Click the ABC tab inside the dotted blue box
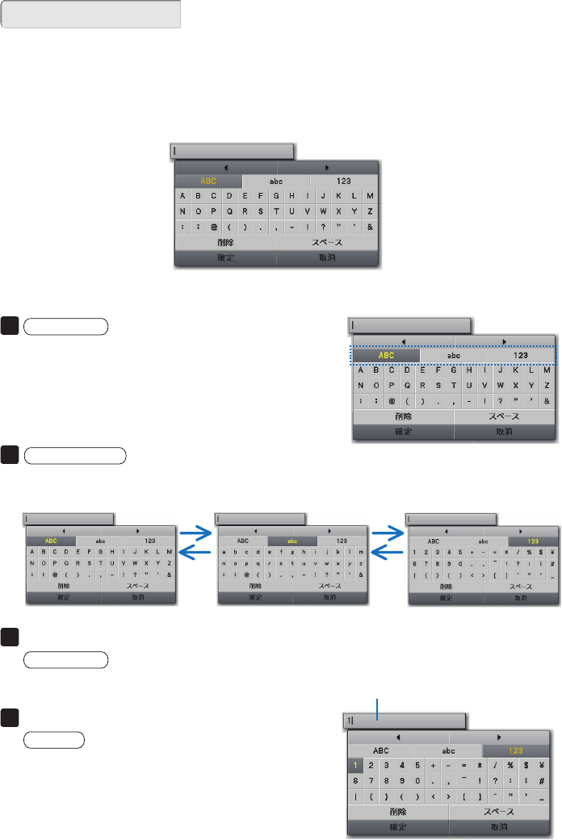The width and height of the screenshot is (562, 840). click(387, 355)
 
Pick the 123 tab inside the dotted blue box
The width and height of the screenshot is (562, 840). click(521, 355)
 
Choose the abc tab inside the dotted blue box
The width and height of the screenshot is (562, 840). click(455, 355)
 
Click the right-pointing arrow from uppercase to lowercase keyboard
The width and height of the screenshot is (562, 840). click(194, 532)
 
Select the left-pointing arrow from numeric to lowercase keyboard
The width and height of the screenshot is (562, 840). click(386, 550)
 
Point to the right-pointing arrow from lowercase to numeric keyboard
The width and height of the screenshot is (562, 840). click(386, 532)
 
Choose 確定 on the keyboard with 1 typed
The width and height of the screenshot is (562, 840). click(397, 827)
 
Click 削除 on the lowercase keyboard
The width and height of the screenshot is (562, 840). click(256, 586)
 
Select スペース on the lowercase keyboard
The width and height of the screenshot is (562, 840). click(329, 586)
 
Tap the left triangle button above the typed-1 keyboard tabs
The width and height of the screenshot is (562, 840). click(397, 736)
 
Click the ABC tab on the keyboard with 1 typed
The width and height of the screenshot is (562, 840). click(381, 750)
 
